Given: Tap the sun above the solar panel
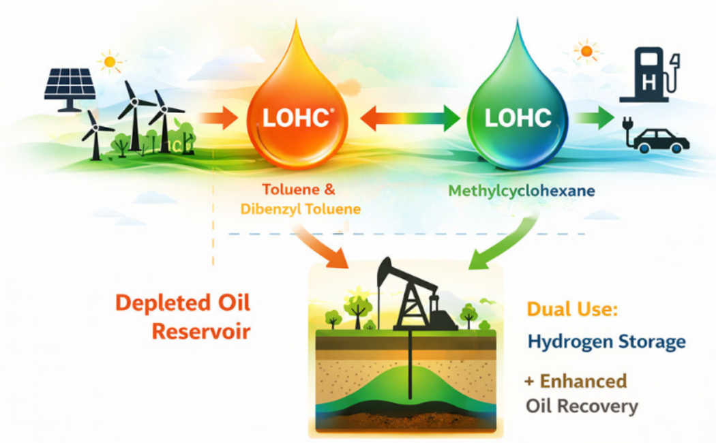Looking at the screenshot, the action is click(110, 61).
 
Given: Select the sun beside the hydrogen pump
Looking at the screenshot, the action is click(586, 51).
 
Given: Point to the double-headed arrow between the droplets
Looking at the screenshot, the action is click(410, 118).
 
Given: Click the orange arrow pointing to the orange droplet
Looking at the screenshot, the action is click(218, 118).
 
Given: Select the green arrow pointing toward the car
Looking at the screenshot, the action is click(594, 118).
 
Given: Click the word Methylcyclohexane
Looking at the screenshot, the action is click(522, 191).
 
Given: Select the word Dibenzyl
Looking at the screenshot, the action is click(270, 209).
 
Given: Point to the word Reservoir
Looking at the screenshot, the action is click(201, 332).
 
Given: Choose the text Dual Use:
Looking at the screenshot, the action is click(572, 309).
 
